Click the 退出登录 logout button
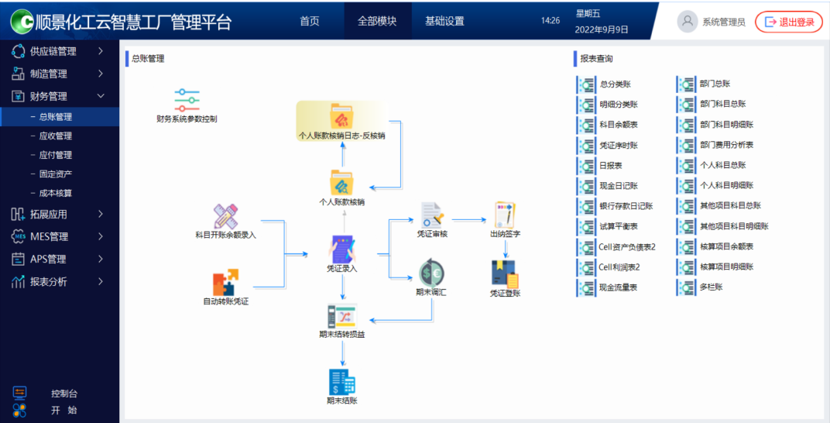pos(788,22)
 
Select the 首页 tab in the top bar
pos(310,21)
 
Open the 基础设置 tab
pos(444,21)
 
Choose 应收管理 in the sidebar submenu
pos(56,136)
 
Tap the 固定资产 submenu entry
pos(56,174)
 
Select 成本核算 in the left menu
pos(56,193)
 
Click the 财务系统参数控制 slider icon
pos(187,101)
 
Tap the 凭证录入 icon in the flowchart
pos(342,249)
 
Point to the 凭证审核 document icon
pos(432,215)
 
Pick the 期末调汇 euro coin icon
pos(431,273)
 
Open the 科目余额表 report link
pos(618,125)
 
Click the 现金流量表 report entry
pos(618,287)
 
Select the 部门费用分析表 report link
pos(726,145)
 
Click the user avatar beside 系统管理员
pos(688,22)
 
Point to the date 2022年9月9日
pos(602,29)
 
